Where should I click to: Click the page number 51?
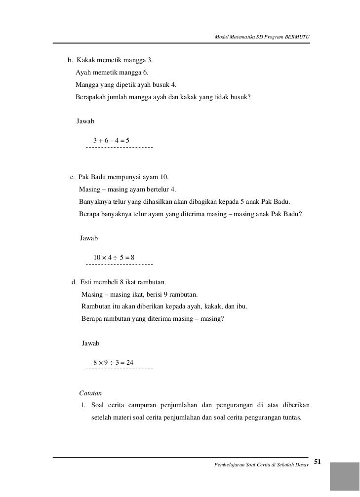point(318,462)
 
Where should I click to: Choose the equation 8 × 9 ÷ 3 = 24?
point(110,363)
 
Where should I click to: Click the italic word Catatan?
point(90,393)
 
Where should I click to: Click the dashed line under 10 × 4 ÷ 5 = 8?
point(119,264)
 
